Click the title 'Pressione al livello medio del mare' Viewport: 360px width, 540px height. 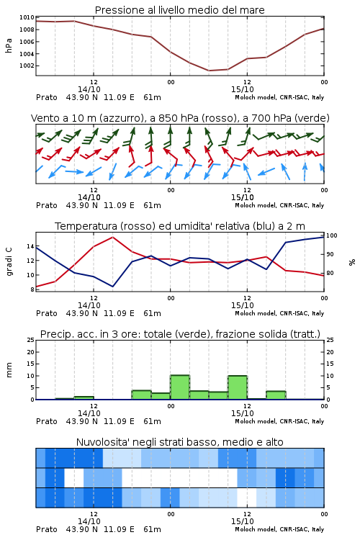click(x=179, y=10)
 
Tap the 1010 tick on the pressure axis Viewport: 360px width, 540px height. click(x=27, y=17)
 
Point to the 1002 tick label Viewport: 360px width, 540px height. click(x=27, y=66)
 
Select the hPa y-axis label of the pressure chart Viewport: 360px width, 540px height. click(x=9, y=45)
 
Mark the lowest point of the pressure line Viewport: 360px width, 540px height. click(x=209, y=71)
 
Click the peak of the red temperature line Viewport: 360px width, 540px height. click(x=112, y=237)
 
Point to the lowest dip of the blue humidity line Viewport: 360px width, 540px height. click(x=112, y=287)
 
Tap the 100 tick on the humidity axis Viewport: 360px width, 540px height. click(x=332, y=235)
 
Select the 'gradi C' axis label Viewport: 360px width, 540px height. click(x=9, y=261)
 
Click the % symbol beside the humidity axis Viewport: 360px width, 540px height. click(x=352, y=262)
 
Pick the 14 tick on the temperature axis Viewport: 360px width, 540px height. click(x=30, y=246)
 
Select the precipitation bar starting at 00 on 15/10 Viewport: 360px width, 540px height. click(x=180, y=387)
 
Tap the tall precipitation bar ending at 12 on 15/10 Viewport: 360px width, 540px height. click(x=238, y=387)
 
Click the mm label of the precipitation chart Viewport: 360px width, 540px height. click(x=9, y=370)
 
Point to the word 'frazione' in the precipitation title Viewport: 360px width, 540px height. click(x=234, y=334)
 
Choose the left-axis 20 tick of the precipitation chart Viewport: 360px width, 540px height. click(x=30, y=352)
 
